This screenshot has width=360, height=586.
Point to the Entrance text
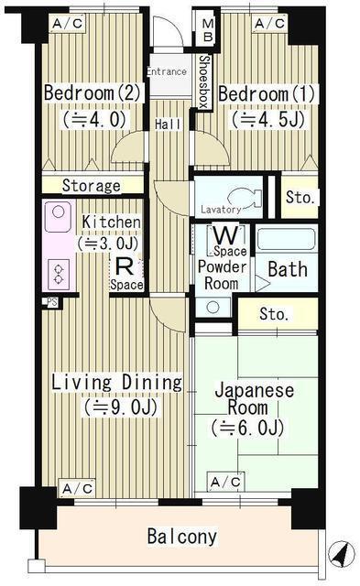click(167, 71)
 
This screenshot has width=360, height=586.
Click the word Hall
click(167, 125)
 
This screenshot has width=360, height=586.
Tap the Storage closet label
click(92, 186)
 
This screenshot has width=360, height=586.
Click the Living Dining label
click(115, 382)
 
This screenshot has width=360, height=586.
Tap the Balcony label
click(182, 537)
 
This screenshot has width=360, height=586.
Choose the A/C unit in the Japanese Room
click(226, 482)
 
